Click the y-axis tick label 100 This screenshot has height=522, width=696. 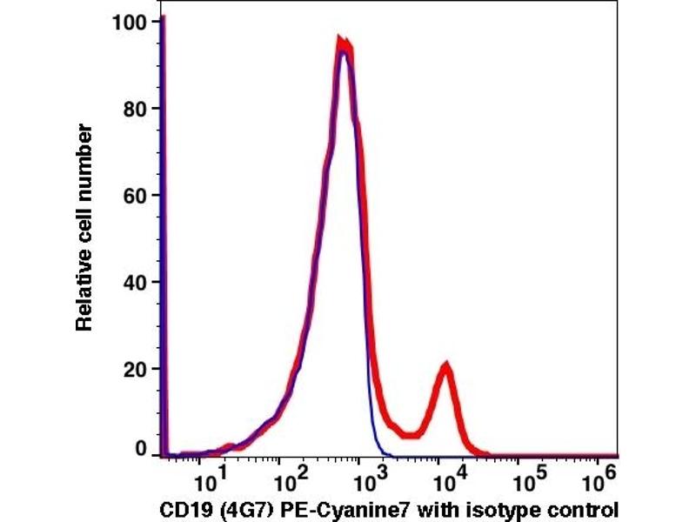(x=130, y=21)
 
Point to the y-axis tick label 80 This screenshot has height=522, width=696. (x=135, y=109)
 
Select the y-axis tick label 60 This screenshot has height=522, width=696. (x=135, y=195)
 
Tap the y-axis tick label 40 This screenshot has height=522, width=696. (x=135, y=282)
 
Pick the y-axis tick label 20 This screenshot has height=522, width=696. (x=135, y=369)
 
